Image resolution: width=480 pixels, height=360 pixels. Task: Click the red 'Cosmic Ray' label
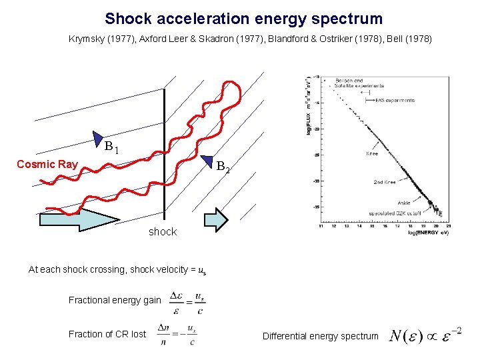click(47, 164)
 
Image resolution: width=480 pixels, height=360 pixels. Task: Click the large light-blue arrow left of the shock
click(78, 220)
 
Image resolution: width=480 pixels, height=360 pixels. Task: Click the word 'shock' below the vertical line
click(163, 232)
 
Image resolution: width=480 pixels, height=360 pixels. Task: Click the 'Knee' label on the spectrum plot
click(373, 153)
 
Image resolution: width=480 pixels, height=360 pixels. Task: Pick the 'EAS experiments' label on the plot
click(395, 101)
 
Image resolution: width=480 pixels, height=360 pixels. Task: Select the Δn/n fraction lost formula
click(176, 335)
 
